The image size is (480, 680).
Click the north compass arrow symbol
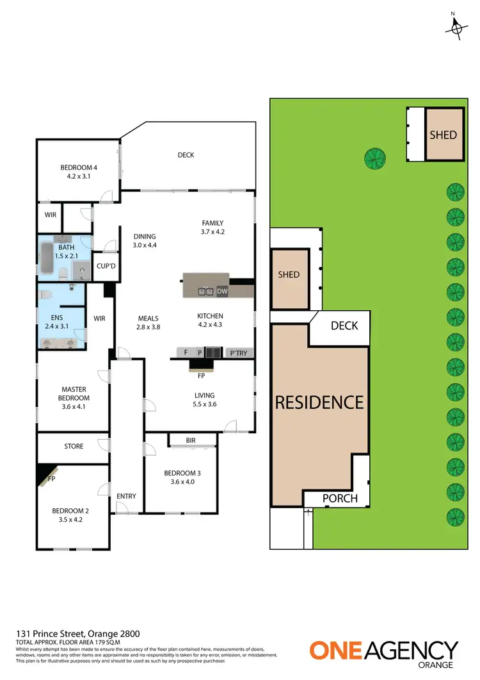tap(456, 27)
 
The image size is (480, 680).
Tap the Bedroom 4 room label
tap(79, 169)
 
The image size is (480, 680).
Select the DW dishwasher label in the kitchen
tap(222, 292)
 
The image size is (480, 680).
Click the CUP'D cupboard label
tap(105, 266)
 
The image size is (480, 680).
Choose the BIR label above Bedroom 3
tap(191, 440)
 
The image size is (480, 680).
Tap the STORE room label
tap(74, 446)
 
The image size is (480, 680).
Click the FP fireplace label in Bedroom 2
tap(51, 478)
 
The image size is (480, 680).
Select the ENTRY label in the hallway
tap(126, 496)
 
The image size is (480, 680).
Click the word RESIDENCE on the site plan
tap(319, 402)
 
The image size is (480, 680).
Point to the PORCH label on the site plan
tap(339, 499)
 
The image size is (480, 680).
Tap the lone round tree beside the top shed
tap(374, 158)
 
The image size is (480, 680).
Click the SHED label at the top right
tap(443, 135)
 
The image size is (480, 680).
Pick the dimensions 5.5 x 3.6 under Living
tap(205, 404)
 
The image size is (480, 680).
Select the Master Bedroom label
tap(74, 393)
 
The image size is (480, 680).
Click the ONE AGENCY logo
tap(384, 651)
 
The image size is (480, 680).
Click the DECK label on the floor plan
tap(186, 154)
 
